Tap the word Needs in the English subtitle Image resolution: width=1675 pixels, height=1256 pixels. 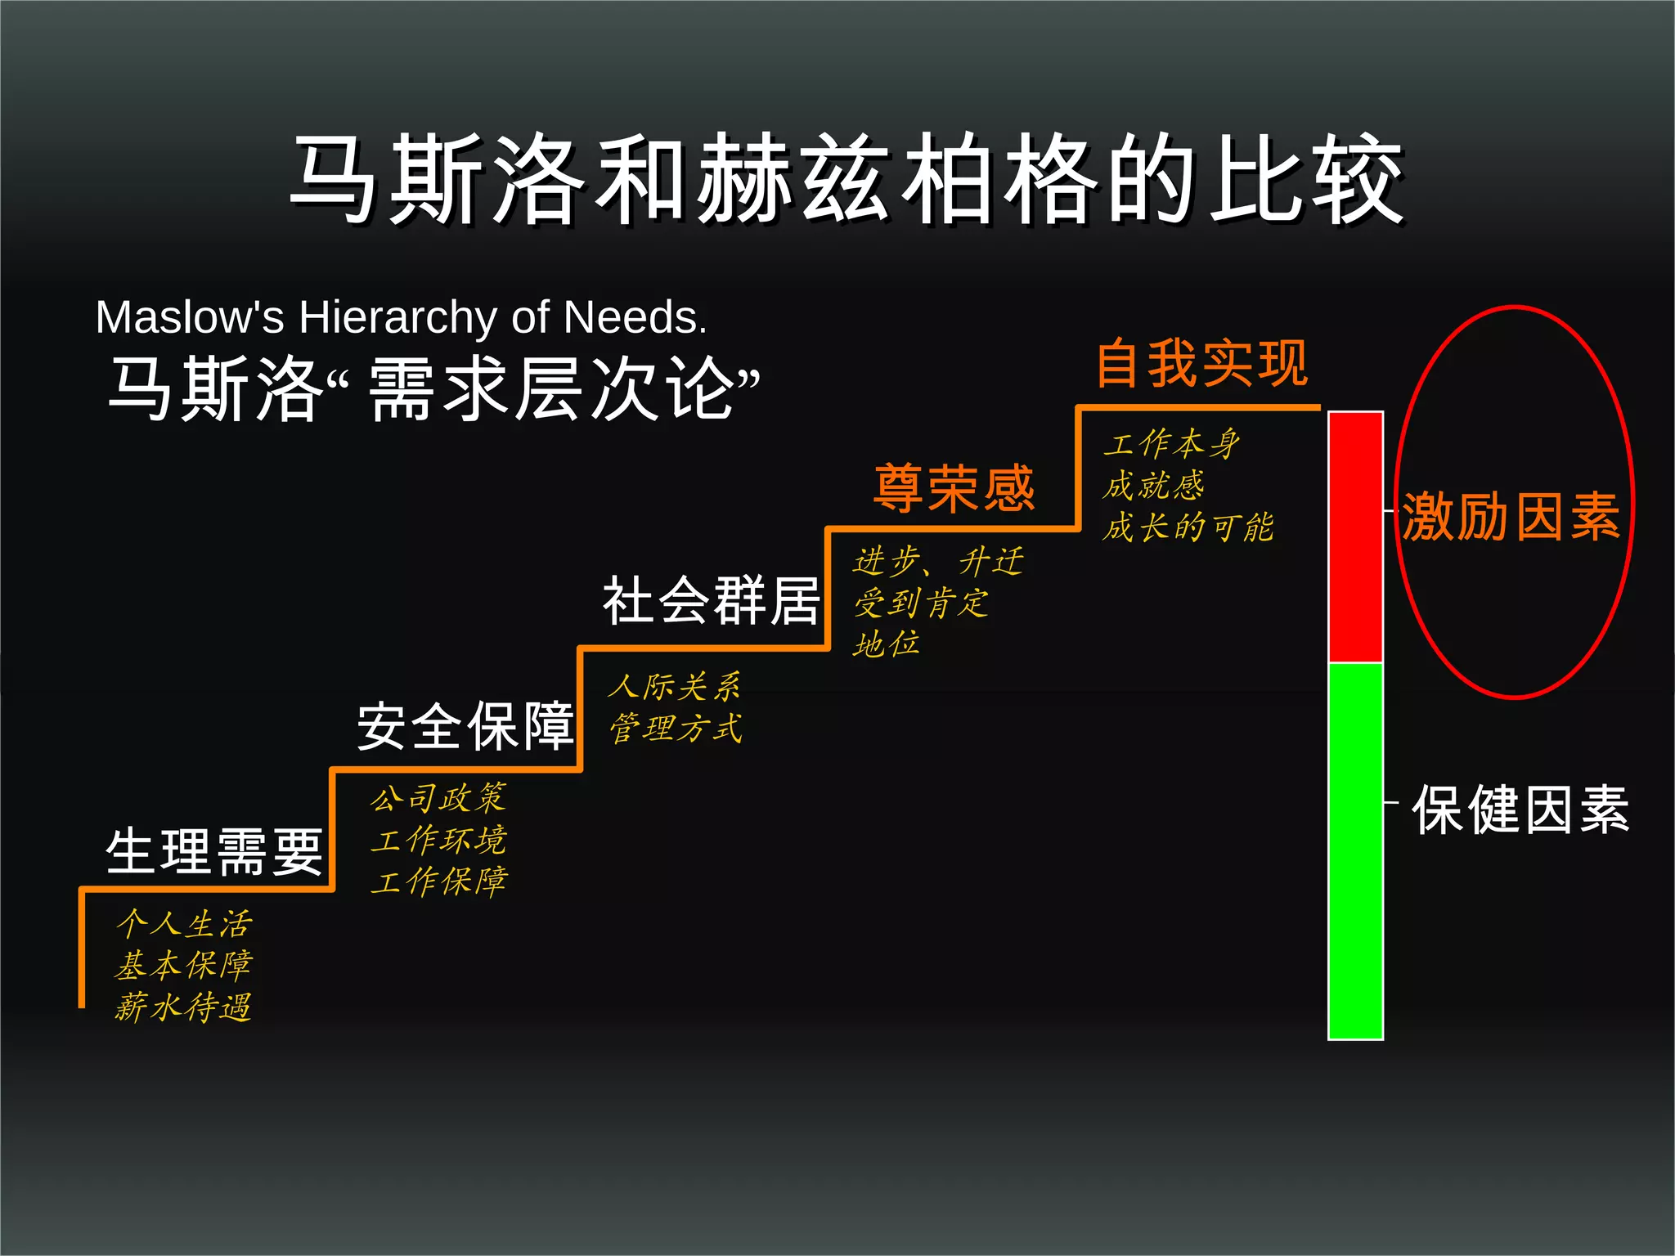click(x=634, y=317)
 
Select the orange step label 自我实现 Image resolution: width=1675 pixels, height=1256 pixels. click(x=1201, y=364)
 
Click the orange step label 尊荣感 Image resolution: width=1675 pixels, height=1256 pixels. click(x=954, y=488)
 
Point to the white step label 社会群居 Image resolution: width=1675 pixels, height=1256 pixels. click(x=711, y=601)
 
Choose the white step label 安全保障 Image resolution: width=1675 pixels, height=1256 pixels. click(x=465, y=726)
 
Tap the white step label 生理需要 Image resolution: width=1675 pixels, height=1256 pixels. click(x=214, y=851)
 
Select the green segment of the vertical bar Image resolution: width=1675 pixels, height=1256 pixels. click(x=1355, y=850)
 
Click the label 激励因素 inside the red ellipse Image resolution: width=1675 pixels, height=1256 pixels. click(x=1511, y=517)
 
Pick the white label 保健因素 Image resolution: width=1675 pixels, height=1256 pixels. click(x=1520, y=810)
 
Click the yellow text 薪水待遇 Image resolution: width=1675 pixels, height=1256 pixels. click(x=183, y=1007)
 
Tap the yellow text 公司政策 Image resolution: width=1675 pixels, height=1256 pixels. click(x=438, y=799)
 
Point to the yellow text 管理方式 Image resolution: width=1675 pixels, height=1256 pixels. click(x=676, y=729)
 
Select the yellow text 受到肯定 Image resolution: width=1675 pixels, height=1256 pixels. click(x=921, y=604)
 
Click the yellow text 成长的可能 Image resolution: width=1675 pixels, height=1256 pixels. click(x=1188, y=527)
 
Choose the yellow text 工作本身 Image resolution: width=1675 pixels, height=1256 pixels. click(x=1171, y=444)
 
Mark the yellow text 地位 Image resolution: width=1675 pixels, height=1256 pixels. click(x=887, y=644)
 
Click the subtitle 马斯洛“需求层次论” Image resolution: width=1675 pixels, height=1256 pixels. click(x=433, y=388)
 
